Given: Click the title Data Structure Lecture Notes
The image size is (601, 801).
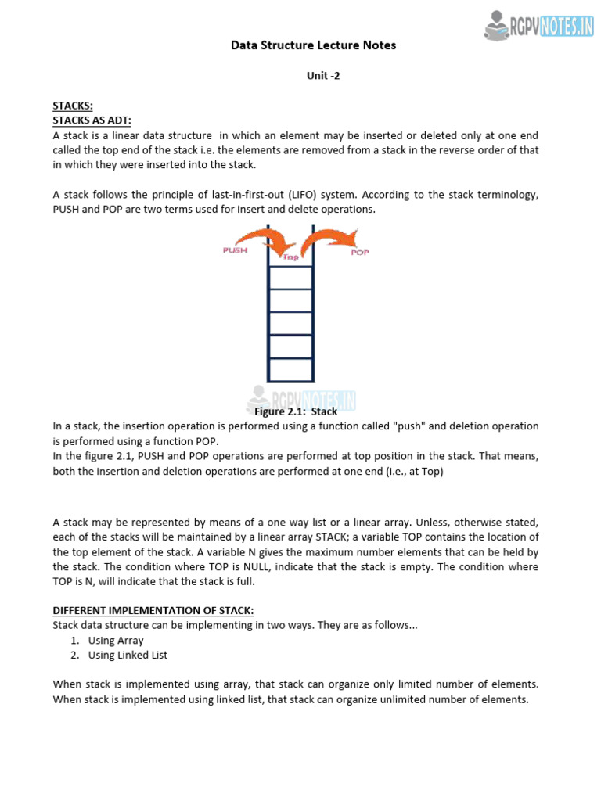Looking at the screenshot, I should pos(313,45).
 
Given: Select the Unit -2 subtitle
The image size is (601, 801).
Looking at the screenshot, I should pos(322,76).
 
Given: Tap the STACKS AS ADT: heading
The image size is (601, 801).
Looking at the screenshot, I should pos(92,120).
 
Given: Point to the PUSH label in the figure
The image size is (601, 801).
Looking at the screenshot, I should pos(236,250).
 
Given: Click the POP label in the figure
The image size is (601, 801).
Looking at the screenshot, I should pos(360,252).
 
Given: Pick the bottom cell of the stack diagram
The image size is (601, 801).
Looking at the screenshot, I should pos(290,368).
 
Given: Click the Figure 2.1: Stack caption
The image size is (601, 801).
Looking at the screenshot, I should pos(296,411).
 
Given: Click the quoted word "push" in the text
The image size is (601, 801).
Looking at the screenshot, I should pos(410,426).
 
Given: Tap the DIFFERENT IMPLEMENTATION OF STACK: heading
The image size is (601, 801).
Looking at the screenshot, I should pos(153,610).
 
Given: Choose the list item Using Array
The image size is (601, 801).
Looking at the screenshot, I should pos(116,641).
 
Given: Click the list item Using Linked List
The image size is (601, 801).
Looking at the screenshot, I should pos(128,656).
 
